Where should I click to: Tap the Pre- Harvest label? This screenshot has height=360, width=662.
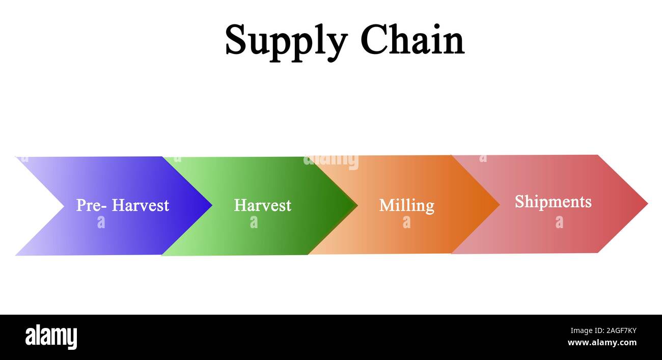click(x=122, y=205)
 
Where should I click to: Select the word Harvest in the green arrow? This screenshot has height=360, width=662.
click(x=262, y=205)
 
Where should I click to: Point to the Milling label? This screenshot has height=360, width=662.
click(x=406, y=205)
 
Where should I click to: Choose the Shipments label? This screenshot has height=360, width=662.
click(x=553, y=202)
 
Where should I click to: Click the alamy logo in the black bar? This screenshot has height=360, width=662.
click(x=51, y=337)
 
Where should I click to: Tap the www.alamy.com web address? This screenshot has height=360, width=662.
click(x=601, y=343)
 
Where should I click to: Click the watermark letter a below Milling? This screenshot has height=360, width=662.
click(x=406, y=222)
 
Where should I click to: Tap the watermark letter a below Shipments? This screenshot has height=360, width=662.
click(x=559, y=222)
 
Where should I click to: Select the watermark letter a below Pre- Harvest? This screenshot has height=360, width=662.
click(x=101, y=222)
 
